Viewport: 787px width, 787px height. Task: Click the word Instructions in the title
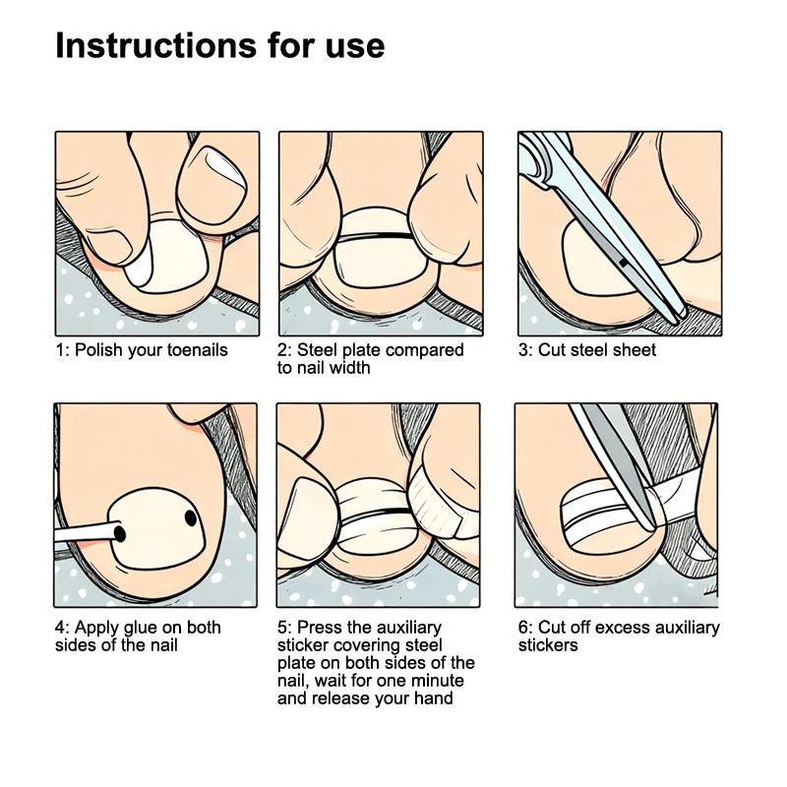pyautogui.click(x=155, y=45)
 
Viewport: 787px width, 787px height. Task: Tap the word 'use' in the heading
pyautogui.click(x=355, y=46)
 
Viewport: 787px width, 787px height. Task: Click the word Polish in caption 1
pyautogui.click(x=99, y=350)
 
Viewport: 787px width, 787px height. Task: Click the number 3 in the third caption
pyautogui.click(x=523, y=350)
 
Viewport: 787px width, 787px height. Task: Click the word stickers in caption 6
pyautogui.click(x=548, y=645)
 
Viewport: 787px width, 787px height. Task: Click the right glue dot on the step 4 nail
pyautogui.click(x=191, y=517)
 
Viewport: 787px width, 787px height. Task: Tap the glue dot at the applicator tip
pyautogui.click(x=119, y=533)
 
